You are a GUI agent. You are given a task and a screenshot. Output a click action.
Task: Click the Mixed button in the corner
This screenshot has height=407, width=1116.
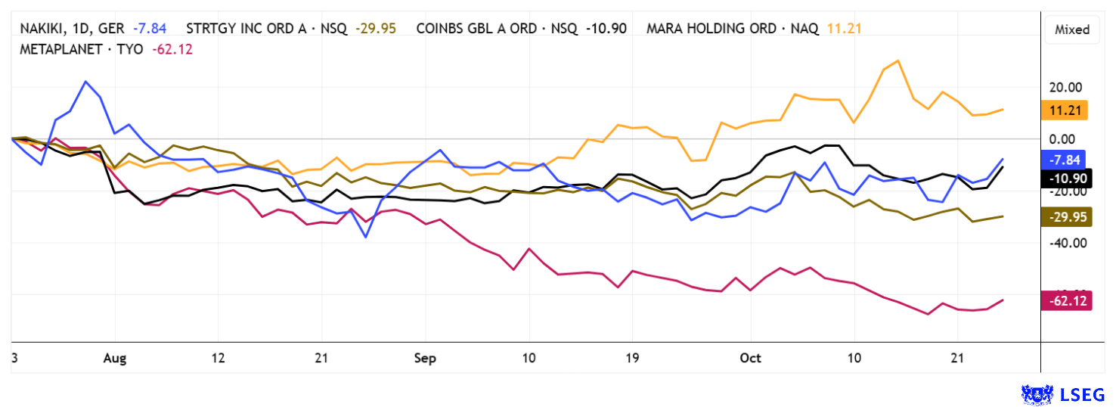coord(1072,30)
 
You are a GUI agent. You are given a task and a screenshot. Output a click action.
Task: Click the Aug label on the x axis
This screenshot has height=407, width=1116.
coord(115,359)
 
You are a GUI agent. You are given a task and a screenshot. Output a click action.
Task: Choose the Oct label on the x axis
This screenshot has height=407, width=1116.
coord(751,359)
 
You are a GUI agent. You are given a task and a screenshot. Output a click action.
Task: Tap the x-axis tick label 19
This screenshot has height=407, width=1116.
coord(632,359)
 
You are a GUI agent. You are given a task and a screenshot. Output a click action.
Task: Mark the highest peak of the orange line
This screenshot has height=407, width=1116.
coord(897,61)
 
